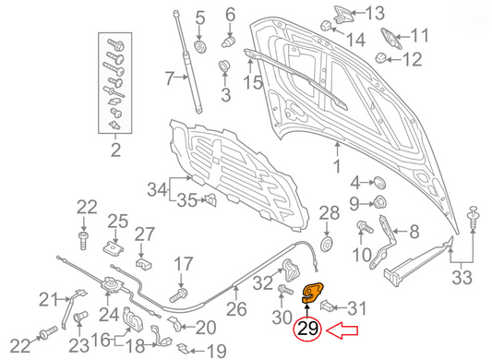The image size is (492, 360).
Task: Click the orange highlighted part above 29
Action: pyautogui.click(x=316, y=294)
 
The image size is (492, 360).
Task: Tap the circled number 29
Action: pyautogui.click(x=309, y=330)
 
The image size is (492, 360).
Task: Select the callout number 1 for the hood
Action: pyautogui.click(x=337, y=166)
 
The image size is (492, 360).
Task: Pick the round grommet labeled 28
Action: pyautogui.click(x=323, y=243)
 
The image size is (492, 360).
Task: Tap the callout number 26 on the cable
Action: pyautogui.click(x=237, y=309)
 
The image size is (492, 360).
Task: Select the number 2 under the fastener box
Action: pyautogui.click(x=114, y=150)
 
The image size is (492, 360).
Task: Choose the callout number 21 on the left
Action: pyautogui.click(x=48, y=297)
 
